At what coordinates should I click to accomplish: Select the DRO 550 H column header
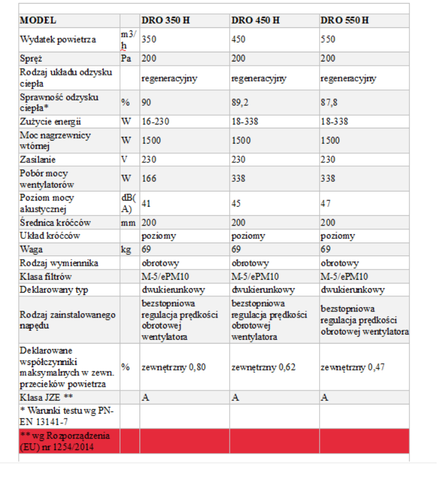344,20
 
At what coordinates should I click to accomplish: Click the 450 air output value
239,40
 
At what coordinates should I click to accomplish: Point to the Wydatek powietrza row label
58,40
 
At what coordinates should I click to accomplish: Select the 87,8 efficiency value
330,102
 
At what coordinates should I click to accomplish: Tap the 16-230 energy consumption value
156,121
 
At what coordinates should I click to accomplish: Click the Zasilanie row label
38,159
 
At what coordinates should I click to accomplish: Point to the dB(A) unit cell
128,204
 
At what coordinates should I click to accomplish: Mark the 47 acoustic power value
326,204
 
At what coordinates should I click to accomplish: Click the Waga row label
31,249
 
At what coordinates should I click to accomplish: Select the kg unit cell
127,249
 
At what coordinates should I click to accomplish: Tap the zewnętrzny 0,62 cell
261,367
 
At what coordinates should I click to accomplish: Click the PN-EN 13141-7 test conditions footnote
67,416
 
